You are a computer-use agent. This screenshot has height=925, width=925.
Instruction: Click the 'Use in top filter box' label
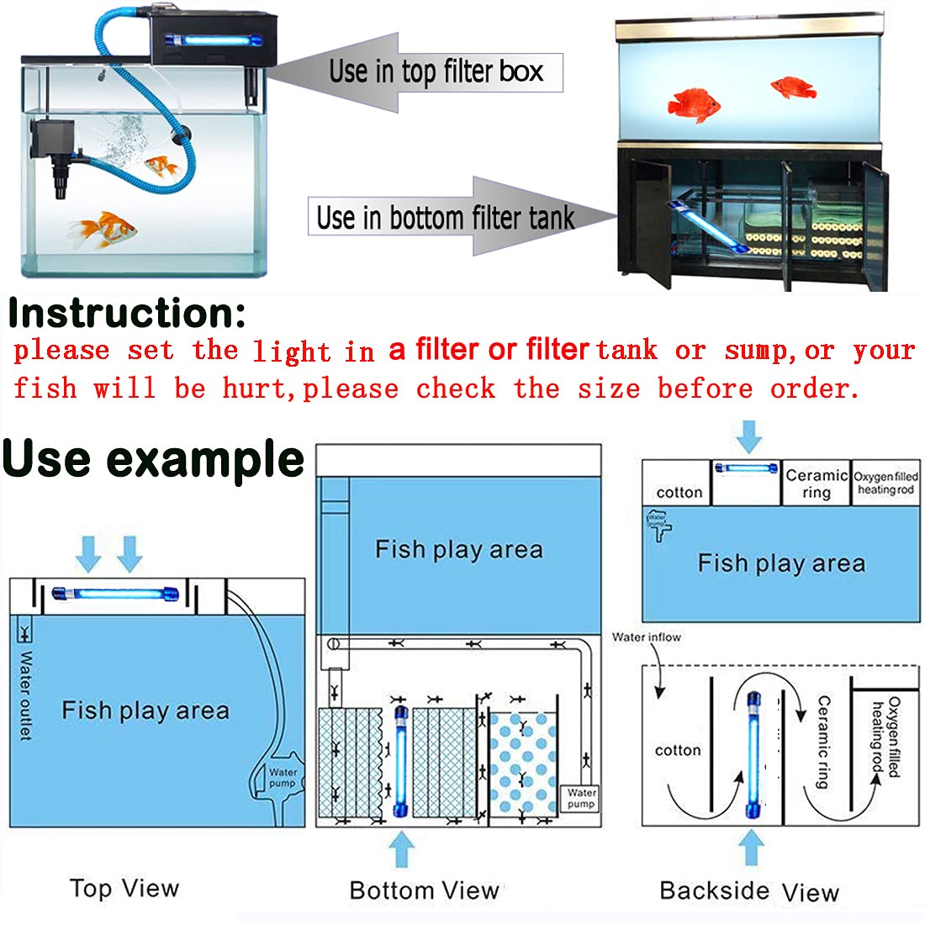(436, 71)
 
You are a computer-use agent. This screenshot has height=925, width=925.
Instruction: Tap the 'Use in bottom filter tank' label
(445, 218)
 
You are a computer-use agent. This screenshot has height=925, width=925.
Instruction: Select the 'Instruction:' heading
(127, 314)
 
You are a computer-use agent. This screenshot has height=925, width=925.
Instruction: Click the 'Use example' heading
(153, 459)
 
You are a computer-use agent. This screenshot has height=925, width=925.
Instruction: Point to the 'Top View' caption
(124, 888)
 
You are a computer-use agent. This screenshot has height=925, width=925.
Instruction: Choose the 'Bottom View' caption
(424, 890)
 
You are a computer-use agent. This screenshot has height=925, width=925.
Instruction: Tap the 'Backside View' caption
(748, 891)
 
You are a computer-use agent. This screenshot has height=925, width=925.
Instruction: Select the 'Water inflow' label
(646, 637)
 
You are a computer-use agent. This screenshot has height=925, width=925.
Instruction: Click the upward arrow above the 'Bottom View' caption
(402, 848)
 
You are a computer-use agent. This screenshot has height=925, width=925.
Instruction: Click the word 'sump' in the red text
(755, 350)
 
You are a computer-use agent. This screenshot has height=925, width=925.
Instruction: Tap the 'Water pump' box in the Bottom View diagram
(581, 797)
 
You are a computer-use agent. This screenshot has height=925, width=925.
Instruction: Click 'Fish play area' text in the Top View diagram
(145, 711)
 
